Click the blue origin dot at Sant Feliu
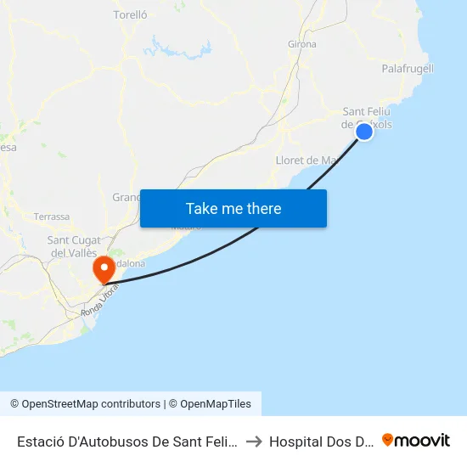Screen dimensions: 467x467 (x=364, y=131)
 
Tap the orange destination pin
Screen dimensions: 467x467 (x=104, y=268)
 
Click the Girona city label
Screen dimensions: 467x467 (x=302, y=44)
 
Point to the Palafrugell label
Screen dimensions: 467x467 (x=408, y=68)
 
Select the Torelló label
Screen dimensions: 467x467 (x=131, y=14)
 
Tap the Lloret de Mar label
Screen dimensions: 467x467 (x=307, y=160)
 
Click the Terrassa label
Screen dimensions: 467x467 (x=52, y=217)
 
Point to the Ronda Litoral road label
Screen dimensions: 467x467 (x=98, y=302)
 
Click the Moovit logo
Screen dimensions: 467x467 (x=416, y=440)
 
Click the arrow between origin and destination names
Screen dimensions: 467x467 (x=254, y=442)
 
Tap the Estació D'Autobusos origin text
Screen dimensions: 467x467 (x=127, y=442)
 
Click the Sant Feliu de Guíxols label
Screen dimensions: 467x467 (x=367, y=118)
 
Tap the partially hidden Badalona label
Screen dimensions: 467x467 (x=129, y=264)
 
